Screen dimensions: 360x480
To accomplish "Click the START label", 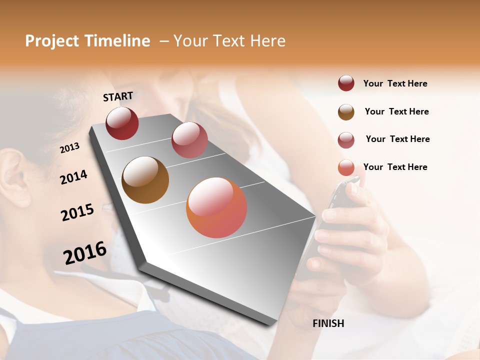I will [x=118, y=96].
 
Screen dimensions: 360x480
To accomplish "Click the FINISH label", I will [x=328, y=323].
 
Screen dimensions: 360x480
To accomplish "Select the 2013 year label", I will [x=70, y=147].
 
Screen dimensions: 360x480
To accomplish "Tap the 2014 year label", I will [x=73, y=177].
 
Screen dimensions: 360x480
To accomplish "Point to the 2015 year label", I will [x=77, y=212].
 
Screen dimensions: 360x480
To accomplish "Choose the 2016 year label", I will [x=85, y=253].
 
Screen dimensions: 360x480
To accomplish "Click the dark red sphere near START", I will [x=122, y=123].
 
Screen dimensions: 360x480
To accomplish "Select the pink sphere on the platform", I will [x=189, y=140].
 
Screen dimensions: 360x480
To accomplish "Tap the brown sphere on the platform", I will [x=145, y=180].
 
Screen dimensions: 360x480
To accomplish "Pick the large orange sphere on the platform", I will [x=216, y=207].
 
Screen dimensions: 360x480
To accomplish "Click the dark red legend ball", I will [x=346, y=83].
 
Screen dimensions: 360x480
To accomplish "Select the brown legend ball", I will [x=346, y=112].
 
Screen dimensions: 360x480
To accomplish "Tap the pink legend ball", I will [x=346, y=140].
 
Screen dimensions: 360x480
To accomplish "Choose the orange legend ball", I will [x=346, y=168].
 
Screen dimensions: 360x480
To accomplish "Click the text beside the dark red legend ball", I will [x=395, y=84].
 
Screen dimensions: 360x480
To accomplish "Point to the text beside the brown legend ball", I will [x=396, y=111].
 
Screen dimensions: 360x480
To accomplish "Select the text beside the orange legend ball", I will [x=395, y=167].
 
